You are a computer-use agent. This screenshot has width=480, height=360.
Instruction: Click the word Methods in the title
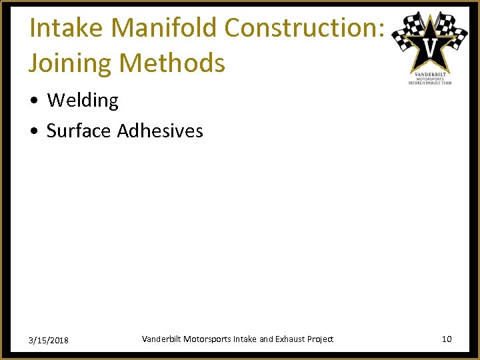pos(174,64)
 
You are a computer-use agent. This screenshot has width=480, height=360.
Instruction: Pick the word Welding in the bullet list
pos(83,101)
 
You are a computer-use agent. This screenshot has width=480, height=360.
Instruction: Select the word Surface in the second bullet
pos(79,131)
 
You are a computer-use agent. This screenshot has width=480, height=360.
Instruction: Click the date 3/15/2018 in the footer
pos(49,341)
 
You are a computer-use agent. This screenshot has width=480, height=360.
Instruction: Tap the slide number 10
pos(447,339)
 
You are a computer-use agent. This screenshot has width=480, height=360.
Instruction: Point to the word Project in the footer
pos(321,339)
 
